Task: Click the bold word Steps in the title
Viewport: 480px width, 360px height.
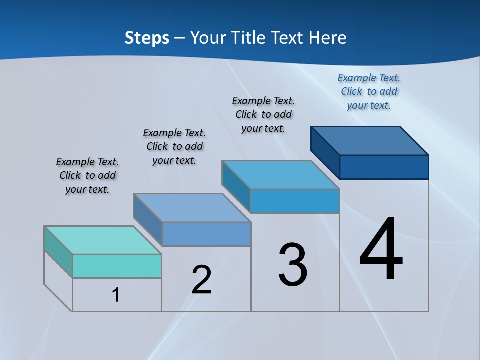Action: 147,38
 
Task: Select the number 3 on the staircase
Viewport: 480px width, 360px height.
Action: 292,265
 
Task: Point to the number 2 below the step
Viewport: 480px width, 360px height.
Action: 201,280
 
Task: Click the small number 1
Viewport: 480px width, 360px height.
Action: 116,295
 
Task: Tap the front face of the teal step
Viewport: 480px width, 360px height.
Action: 117,266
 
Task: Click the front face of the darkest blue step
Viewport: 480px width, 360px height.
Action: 384,167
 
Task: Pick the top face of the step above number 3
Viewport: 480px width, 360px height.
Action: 281,175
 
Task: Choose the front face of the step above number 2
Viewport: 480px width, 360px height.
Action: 206,234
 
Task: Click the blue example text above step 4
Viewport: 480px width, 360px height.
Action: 369,91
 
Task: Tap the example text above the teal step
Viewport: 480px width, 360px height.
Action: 87,175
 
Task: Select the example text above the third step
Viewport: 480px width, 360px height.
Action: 263,114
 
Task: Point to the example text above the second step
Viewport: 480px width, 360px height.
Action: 174,146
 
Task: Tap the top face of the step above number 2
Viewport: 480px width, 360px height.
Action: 192,207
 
